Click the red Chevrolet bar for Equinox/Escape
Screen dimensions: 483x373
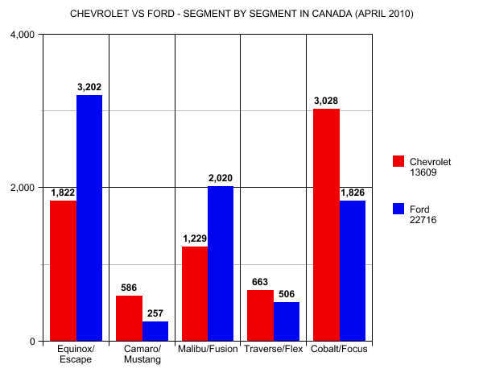coord(63,271)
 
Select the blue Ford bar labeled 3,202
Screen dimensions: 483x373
coord(89,218)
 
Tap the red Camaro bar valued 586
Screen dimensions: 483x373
coord(129,318)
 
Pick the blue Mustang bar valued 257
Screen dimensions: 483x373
coord(155,331)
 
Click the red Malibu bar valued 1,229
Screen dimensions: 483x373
coord(195,294)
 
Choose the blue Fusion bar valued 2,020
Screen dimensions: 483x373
coord(221,263)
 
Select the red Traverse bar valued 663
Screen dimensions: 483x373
coord(260,315)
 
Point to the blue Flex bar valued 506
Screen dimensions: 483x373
coord(287,321)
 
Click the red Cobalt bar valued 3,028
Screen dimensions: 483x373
coord(326,225)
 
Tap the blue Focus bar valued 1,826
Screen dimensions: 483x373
coord(353,271)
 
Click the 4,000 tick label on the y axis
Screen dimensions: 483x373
coord(23,35)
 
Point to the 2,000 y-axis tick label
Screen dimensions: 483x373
coord(23,188)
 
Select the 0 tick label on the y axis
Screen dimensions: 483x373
coord(32,342)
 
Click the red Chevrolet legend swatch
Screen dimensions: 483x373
coord(398,161)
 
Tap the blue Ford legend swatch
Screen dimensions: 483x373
coord(398,209)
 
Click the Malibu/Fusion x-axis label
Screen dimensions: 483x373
coord(208,349)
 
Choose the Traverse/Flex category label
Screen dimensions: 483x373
coord(274,349)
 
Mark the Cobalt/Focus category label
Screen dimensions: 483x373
coord(339,349)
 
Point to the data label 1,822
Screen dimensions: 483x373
coord(63,193)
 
